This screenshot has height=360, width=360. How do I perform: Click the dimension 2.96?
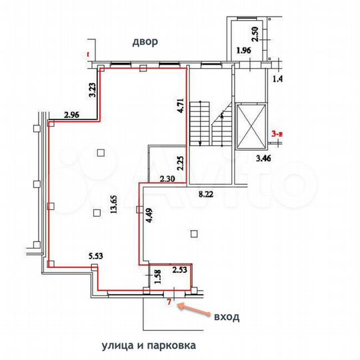point(72,115)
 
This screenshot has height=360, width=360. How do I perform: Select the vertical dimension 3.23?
point(93,91)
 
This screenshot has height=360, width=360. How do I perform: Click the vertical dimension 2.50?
point(253,32)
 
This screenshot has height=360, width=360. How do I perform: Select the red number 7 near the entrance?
point(169,303)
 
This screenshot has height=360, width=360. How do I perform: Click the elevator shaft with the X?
point(251,125)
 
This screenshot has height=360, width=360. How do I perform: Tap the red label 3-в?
point(279,133)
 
